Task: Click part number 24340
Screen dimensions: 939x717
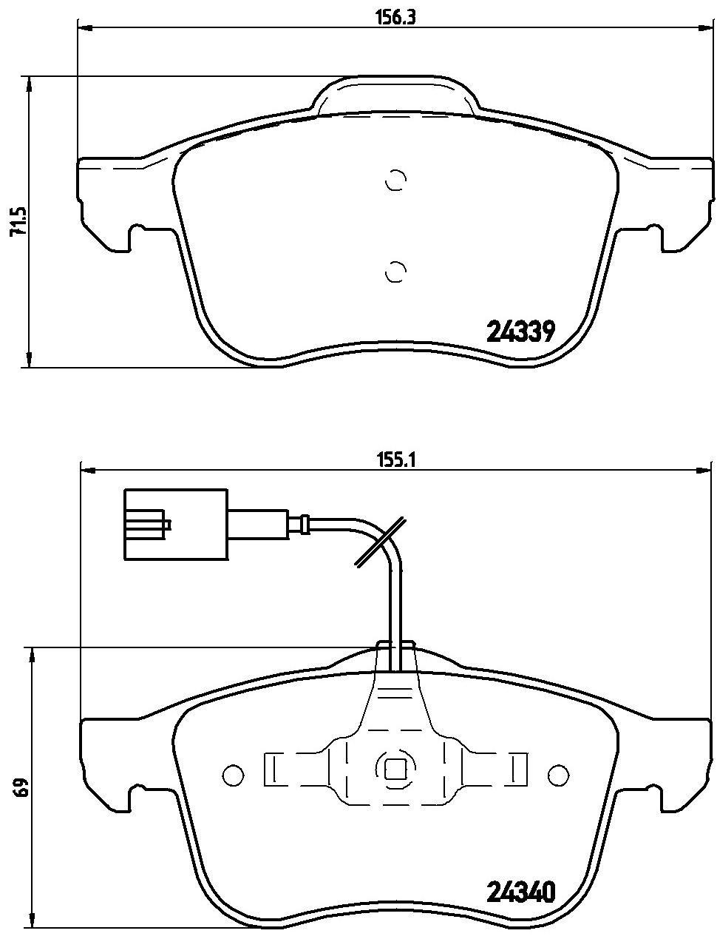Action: [x=520, y=892]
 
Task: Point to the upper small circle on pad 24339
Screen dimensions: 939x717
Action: [x=396, y=181]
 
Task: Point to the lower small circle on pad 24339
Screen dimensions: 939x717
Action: [x=396, y=272]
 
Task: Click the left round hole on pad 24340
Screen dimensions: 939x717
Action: [x=233, y=774]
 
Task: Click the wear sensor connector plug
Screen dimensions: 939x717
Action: [x=176, y=525]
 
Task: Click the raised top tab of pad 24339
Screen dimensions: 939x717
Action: [x=396, y=95]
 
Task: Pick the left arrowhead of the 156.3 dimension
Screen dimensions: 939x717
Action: [x=84, y=29]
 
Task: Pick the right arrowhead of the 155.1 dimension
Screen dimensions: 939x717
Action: [x=704, y=469]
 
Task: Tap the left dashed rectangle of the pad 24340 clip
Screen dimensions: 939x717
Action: [x=271, y=770]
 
